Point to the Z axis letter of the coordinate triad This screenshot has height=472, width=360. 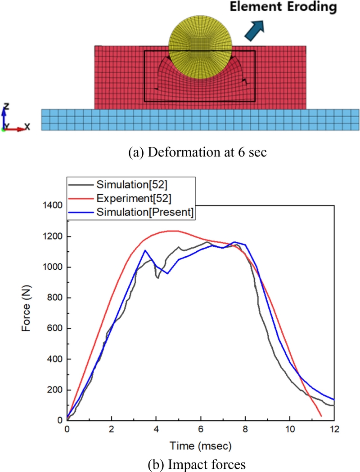point(6,107)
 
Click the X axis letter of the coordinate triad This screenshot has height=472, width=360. point(27,127)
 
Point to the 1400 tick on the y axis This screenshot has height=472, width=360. point(53,205)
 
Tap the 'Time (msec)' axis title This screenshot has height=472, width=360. point(200,445)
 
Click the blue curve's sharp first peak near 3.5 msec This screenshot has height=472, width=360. point(144,250)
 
